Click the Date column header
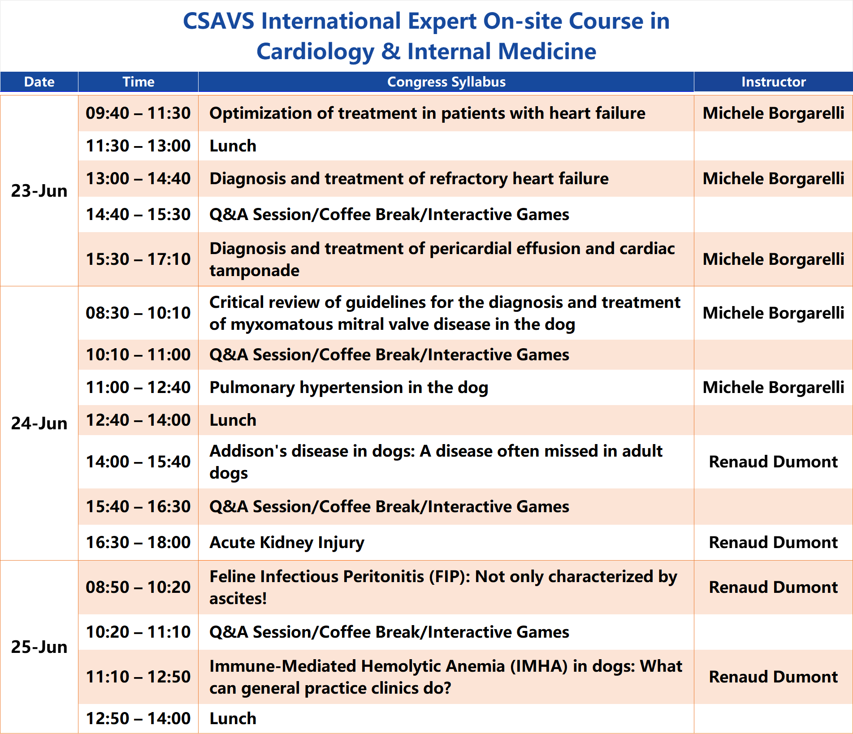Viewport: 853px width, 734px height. (39, 82)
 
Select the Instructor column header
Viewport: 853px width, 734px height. (773, 82)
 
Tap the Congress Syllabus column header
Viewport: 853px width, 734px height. (446, 82)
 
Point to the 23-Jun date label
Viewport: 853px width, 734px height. (39, 191)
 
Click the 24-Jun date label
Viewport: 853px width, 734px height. (39, 423)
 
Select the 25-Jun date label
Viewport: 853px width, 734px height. (39, 647)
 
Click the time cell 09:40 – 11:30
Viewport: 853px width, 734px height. (138, 113)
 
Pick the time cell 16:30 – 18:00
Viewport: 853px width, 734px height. (138, 543)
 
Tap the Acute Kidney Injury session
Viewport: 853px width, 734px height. (287, 543)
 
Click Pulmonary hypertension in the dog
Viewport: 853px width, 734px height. (349, 388)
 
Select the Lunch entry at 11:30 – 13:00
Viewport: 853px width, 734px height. (233, 146)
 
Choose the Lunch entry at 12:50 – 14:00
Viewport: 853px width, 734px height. (233, 719)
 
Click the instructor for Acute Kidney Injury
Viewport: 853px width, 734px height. (773, 543)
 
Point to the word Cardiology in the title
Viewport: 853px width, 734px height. (315, 52)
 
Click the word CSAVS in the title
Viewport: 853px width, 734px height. (219, 21)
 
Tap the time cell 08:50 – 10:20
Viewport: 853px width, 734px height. (138, 587)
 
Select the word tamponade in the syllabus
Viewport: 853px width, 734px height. (254, 271)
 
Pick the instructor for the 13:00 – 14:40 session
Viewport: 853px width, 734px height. (773, 179)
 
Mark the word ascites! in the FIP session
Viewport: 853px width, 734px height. (238, 599)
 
